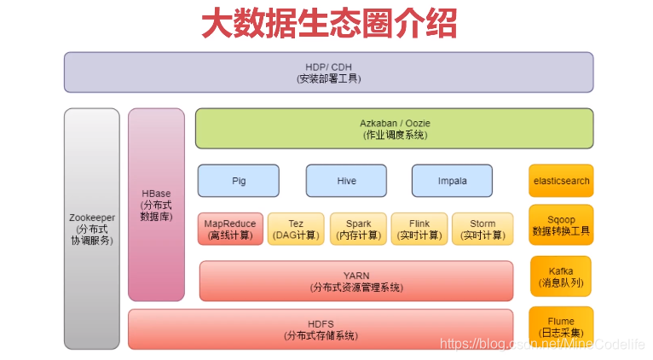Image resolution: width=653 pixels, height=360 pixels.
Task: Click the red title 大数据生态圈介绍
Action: pos(329,23)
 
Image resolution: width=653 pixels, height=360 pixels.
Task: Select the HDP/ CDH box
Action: pos(328,73)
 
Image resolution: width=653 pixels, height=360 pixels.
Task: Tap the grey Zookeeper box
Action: pos(92,229)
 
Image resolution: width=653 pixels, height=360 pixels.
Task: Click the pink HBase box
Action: pos(156,205)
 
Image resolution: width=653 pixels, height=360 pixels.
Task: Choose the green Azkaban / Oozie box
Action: pos(394,129)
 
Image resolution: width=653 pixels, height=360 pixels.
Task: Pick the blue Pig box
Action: pos(239,181)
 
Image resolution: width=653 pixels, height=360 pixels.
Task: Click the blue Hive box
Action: pos(346,181)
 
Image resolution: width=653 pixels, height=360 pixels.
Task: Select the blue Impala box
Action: pos(452,181)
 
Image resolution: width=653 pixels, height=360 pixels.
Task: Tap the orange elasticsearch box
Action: pos(561,181)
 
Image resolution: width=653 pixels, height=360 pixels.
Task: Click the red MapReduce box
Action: pos(231,229)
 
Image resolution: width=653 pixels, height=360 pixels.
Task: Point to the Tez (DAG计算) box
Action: pos(296,229)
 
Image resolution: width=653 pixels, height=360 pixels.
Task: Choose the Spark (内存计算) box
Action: pos(358,229)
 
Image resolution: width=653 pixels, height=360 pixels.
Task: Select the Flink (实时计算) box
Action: pos(419,229)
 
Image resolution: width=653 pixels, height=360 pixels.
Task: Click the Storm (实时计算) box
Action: pos(483,229)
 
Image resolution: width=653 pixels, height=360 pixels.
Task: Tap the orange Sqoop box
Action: pos(561,225)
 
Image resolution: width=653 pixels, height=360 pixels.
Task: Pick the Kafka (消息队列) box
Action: pos(561,276)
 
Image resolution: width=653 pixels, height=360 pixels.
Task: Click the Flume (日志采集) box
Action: pos(561,328)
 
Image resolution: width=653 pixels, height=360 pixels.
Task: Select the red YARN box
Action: pos(356,282)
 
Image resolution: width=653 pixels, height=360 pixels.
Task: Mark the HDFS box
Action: pos(321,329)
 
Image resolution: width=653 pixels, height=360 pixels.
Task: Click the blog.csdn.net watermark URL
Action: pos(542,344)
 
